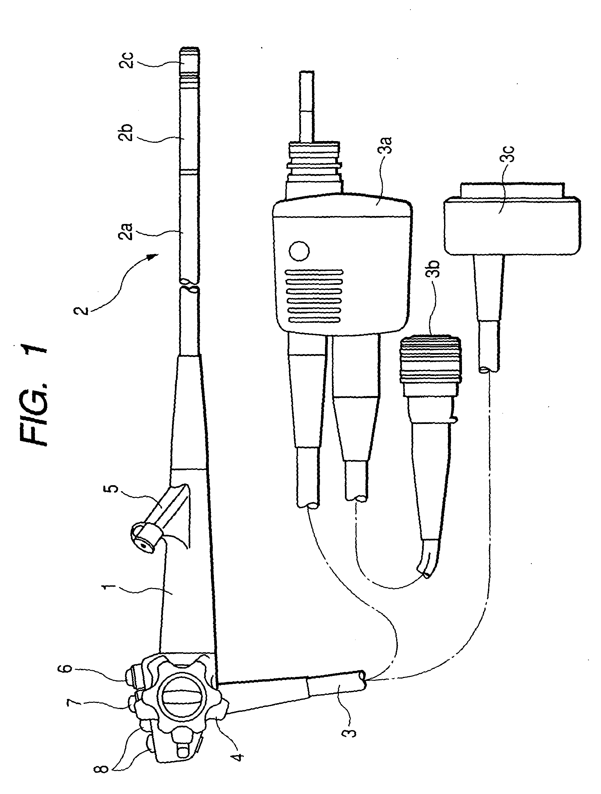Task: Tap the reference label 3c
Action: click(x=510, y=155)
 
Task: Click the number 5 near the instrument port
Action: click(x=114, y=489)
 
